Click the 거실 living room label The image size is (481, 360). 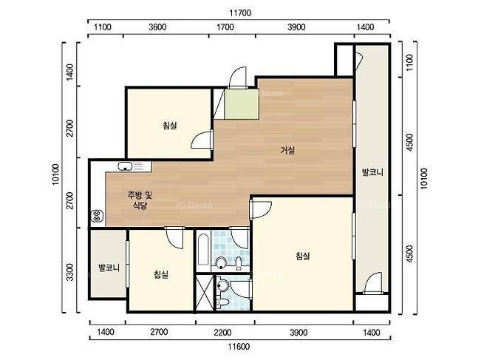coord(287,150)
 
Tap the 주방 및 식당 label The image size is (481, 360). coord(140,200)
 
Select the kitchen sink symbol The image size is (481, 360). coord(125,166)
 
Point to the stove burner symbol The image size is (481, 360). coord(97,215)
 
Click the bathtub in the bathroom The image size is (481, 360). coord(203,250)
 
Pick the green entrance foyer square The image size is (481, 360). coord(242,104)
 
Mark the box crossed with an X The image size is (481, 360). coord(205,293)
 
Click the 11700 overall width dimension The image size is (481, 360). coord(240,13)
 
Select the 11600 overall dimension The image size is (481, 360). coord(239,347)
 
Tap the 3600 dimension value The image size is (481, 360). coord(157,27)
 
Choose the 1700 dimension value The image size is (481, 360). coord(225,27)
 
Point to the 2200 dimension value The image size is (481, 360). coord(222,333)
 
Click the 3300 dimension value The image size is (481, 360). coord(70,272)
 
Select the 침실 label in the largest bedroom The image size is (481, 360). coord(302,256)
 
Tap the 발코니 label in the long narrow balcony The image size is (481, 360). coord(372,171)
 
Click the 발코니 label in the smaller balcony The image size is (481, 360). coord(109,268)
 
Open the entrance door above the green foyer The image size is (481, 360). coord(238,78)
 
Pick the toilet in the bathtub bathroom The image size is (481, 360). coord(239,265)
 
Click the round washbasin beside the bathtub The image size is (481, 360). coord(221,262)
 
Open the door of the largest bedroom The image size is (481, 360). coord(260,209)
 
